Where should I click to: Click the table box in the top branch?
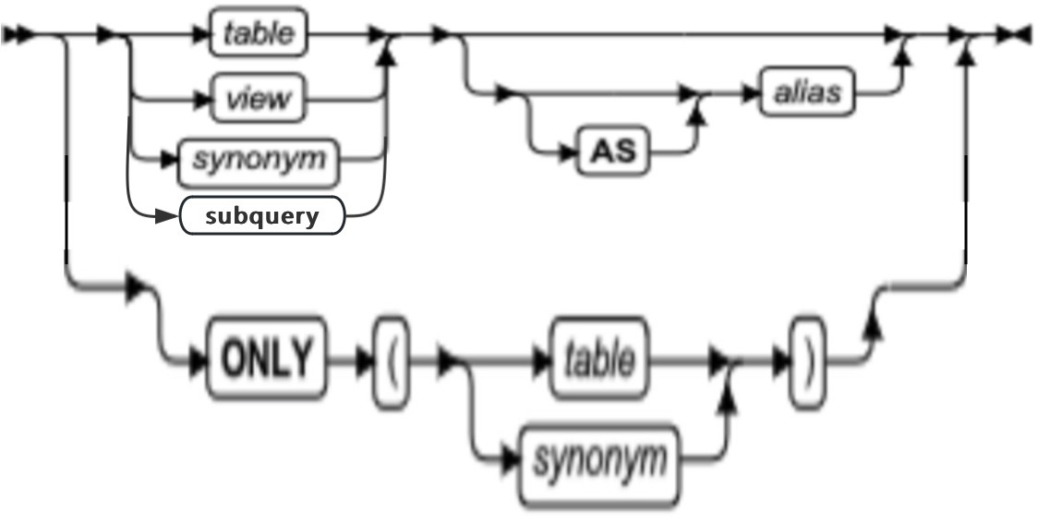(x=259, y=35)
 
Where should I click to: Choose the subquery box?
(x=262, y=218)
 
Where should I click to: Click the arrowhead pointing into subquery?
(x=165, y=218)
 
